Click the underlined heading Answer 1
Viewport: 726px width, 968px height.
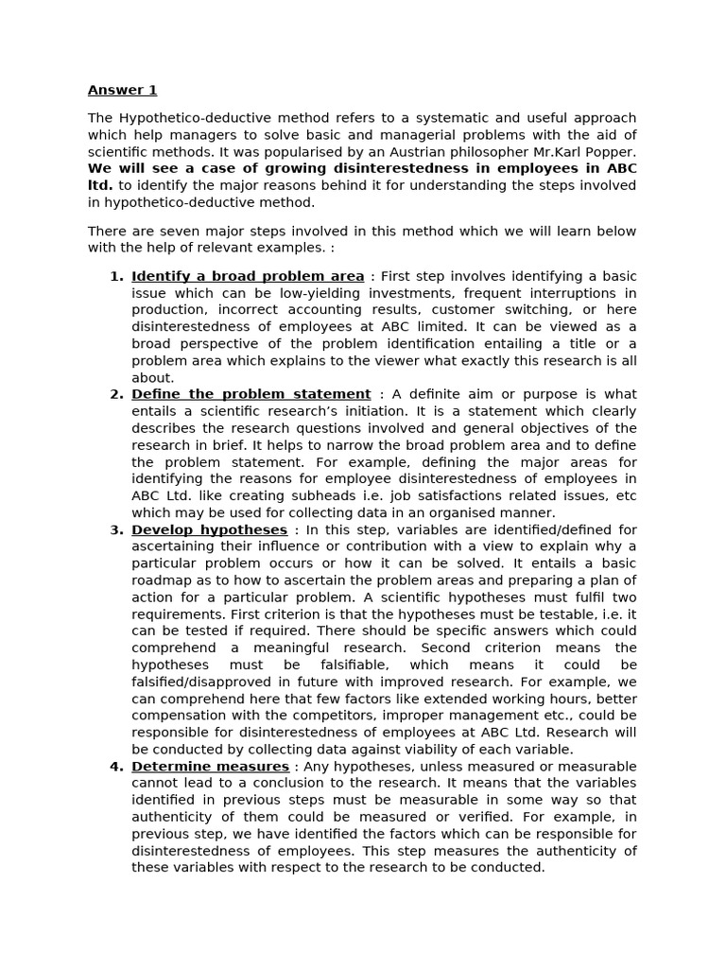(122, 91)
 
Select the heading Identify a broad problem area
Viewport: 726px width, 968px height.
(248, 276)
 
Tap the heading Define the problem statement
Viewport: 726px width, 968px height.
(251, 394)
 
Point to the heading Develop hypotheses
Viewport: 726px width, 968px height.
(209, 530)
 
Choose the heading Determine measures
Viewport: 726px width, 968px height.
(210, 767)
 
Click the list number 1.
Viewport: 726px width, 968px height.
(116, 276)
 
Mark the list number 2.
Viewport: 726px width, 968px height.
(116, 394)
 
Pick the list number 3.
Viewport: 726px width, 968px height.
(116, 530)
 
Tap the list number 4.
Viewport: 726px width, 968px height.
(116, 767)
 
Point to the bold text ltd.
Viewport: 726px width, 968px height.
(99, 186)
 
